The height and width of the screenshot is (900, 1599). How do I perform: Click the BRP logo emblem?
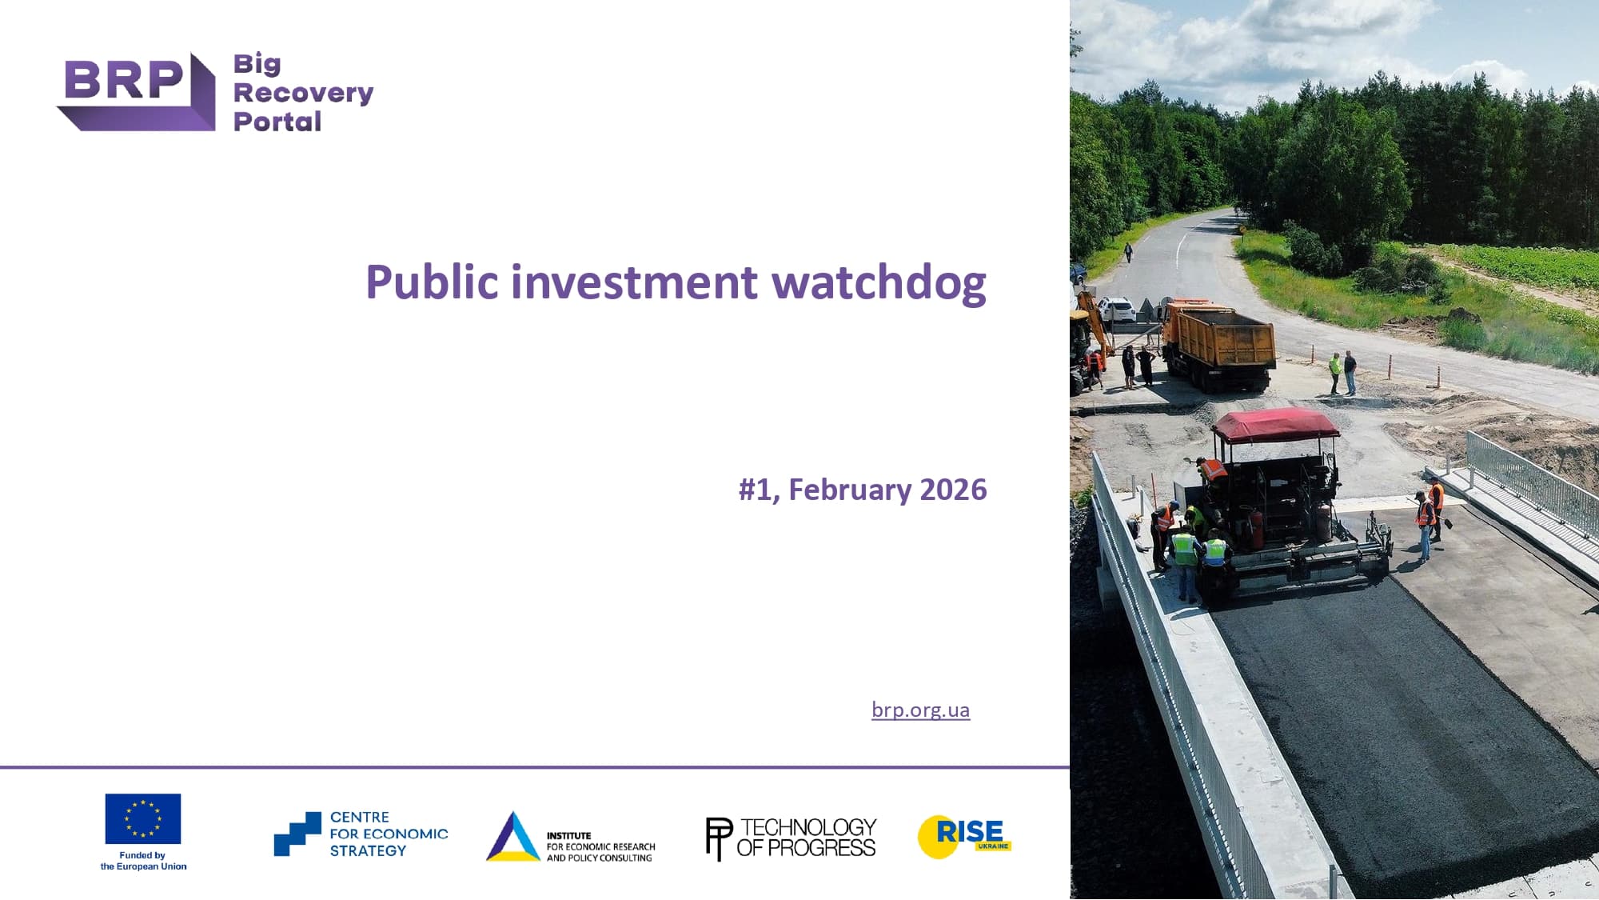[136, 91]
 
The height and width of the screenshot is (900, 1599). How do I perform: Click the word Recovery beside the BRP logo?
[303, 94]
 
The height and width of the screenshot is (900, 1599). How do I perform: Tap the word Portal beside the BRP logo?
[277, 122]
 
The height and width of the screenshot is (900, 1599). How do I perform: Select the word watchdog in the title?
[879, 282]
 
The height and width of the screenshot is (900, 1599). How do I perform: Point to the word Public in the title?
[433, 282]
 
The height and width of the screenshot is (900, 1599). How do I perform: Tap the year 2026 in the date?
[953, 490]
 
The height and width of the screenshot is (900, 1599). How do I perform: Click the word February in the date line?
[850, 490]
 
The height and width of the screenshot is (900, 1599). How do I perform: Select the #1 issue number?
[758, 490]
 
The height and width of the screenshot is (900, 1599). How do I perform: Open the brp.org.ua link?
[921, 710]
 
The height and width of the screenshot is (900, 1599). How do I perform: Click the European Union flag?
[143, 818]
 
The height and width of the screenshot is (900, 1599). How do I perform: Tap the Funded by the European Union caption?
[143, 861]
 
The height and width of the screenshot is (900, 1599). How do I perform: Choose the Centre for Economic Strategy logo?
[361, 834]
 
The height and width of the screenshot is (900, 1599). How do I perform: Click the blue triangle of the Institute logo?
[513, 837]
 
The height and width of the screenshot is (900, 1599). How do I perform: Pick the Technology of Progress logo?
[792, 838]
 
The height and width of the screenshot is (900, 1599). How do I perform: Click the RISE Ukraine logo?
[964, 837]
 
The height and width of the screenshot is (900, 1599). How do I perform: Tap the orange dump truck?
[1218, 344]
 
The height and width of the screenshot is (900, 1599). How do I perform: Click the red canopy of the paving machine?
[1275, 425]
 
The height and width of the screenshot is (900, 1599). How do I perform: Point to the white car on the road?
[1116, 309]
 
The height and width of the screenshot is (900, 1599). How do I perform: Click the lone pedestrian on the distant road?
[1128, 253]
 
